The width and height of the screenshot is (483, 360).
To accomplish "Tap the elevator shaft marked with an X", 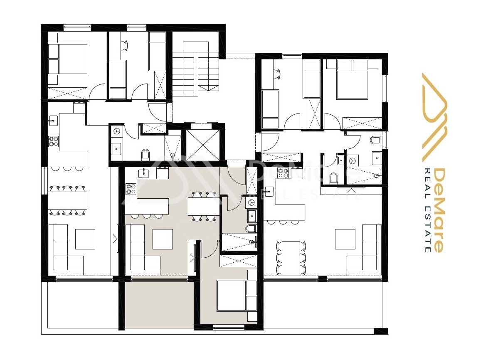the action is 203,145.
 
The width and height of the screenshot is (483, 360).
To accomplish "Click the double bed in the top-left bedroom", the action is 68,59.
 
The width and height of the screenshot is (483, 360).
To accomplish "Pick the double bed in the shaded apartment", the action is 237,296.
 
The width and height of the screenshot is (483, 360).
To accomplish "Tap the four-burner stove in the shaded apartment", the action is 131,189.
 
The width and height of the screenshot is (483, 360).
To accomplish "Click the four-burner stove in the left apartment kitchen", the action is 53,141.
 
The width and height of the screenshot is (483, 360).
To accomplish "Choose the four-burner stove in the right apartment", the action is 283,173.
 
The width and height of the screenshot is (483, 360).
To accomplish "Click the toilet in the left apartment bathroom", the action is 145,154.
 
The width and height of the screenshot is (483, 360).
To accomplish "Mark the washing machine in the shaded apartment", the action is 252,202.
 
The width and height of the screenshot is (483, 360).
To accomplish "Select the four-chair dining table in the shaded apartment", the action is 203,206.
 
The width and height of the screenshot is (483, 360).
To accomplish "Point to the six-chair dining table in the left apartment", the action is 67,200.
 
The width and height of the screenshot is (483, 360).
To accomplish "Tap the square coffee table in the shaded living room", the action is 163,239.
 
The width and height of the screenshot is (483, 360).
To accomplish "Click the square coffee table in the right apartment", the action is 345,239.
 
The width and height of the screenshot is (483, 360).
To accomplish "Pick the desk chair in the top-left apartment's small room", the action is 124,44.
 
